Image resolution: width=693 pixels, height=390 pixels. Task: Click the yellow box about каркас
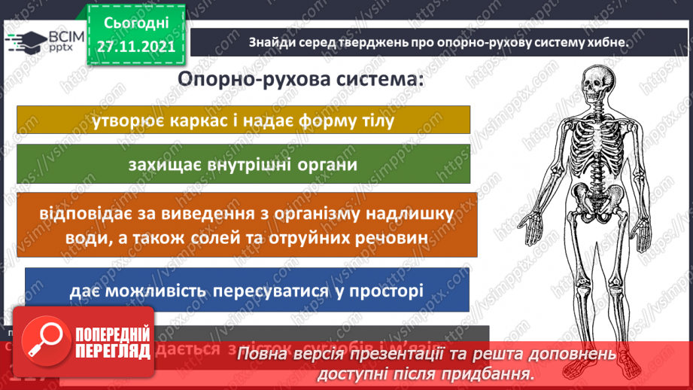pos(243,120)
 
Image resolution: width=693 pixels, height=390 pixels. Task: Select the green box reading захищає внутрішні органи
pos(243,163)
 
